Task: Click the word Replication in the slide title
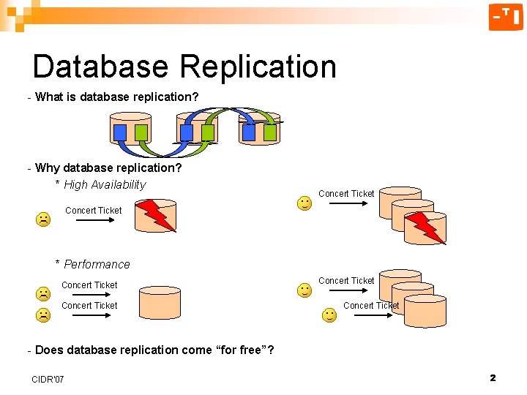pos(258,67)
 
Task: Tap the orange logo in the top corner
pos(505,16)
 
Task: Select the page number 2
pos(493,377)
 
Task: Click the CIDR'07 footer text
pos(48,379)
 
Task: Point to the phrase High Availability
pos(105,184)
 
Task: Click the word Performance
pos(97,264)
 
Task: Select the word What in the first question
pos(50,97)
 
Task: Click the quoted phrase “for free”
pos(241,350)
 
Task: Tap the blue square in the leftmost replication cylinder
pos(120,132)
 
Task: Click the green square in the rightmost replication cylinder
pos(270,132)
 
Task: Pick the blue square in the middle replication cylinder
pos(187,132)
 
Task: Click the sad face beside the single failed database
pos(44,219)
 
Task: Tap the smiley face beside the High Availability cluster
pos(304,203)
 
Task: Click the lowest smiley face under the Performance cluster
pos(329,315)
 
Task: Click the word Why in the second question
pos(48,168)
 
